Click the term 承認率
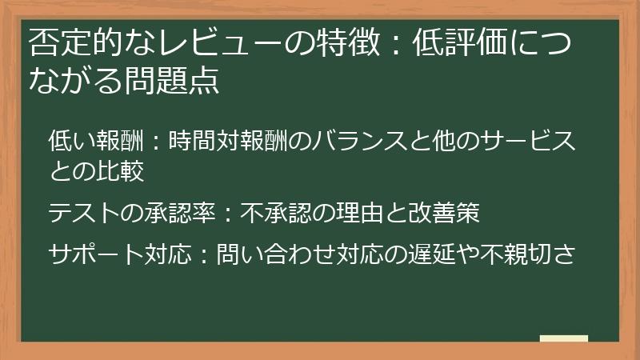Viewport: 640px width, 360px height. (181, 214)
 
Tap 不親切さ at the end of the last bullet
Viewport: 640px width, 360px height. (528, 255)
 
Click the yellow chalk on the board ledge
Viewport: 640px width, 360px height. (563, 338)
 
